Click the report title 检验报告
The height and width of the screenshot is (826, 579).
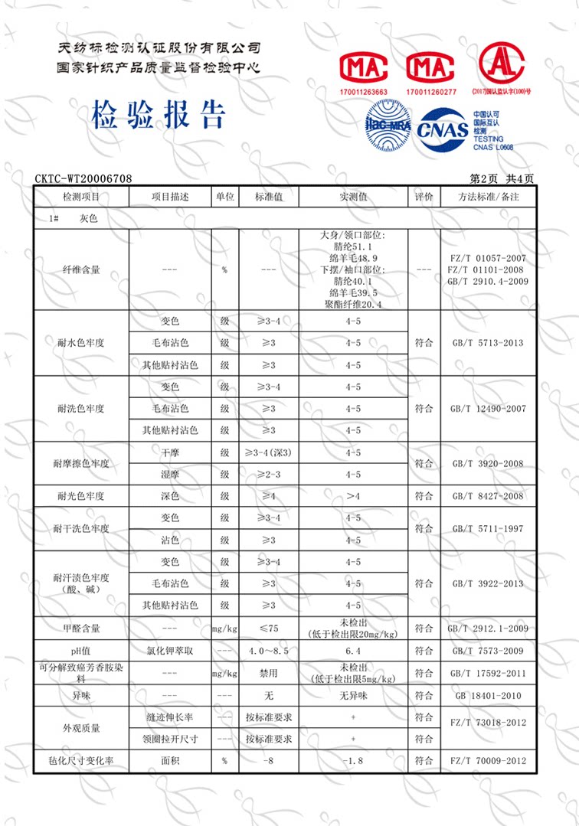tap(159, 115)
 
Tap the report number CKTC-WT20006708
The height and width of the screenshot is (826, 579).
tap(83, 178)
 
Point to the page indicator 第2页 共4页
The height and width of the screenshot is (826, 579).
tap(502, 178)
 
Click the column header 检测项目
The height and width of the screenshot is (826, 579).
tap(80, 197)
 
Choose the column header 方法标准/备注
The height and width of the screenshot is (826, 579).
tap(488, 197)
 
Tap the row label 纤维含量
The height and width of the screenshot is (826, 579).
tap(80, 270)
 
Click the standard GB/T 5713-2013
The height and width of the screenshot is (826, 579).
tap(488, 342)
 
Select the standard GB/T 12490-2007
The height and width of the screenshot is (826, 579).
tap(488, 409)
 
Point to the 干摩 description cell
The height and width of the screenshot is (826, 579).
tap(170, 452)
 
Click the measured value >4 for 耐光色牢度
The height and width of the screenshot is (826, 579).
tap(353, 496)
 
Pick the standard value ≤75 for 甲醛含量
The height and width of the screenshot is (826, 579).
tap(269, 628)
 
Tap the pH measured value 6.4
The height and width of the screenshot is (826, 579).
tap(353, 651)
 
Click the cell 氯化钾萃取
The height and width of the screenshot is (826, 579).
tap(170, 651)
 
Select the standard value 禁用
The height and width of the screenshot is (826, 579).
tap(269, 674)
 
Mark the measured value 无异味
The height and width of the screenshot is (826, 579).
tap(353, 696)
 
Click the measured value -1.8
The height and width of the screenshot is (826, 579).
tap(353, 761)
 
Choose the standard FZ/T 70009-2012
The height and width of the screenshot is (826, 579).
tap(488, 761)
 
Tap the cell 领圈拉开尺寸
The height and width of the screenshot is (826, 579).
tap(170, 739)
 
